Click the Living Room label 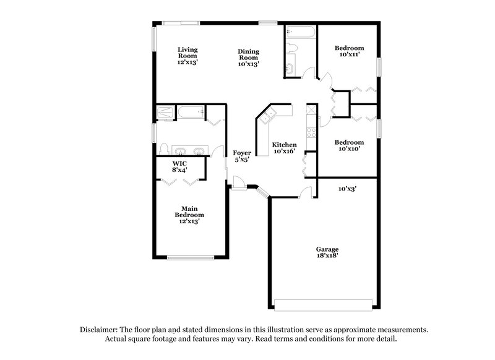[x=187, y=56]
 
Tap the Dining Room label [x=248, y=58]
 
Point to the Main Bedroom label [x=189, y=215]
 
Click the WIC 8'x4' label [x=180, y=166]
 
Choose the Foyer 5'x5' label [x=242, y=156]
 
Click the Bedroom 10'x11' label [x=349, y=51]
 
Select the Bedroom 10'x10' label [x=349, y=145]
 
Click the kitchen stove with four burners [x=311, y=132]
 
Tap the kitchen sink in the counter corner [x=269, y=114]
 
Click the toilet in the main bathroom [x=163, y=148]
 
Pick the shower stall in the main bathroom [x=165, y=113]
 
